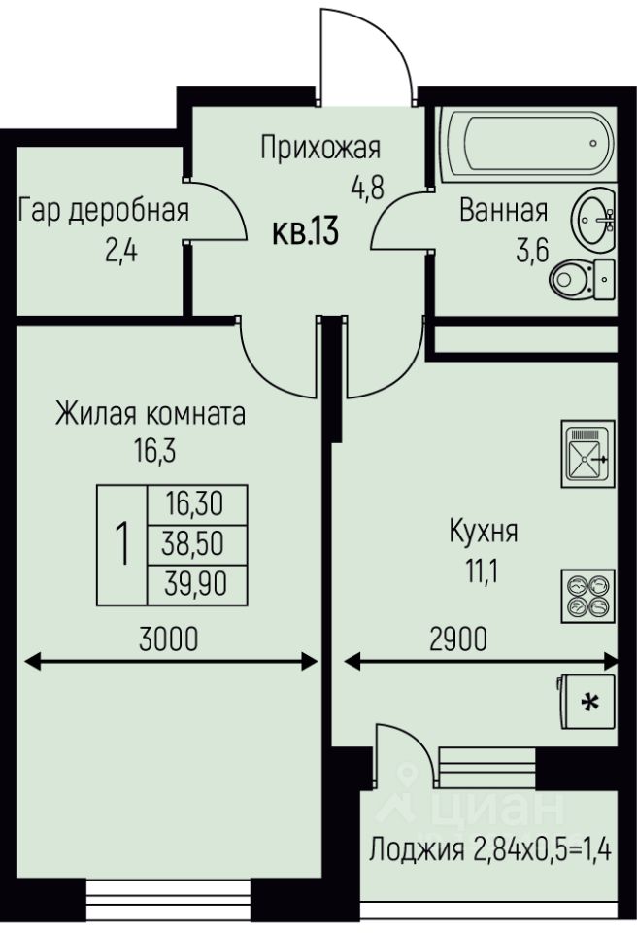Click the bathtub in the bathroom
click(527, 144)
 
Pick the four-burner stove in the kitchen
click(587, 595)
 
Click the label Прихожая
click(320, 148)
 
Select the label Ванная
click(504, 209)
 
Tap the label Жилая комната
click(151, 414)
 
